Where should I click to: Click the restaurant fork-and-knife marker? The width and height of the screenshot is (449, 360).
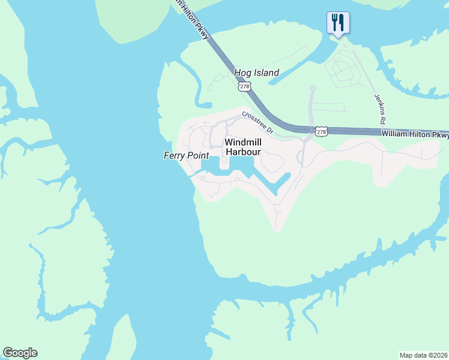(x=338, y=23)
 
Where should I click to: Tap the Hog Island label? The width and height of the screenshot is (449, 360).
(x=256, y=73)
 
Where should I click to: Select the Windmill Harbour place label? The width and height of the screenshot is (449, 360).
(x=243, y=147)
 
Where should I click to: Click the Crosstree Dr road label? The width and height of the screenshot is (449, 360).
(x=258, y=122)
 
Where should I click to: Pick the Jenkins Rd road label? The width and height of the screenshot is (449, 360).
(x=379, y=109)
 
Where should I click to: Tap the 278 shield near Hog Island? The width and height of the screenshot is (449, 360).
(x=244, y=87)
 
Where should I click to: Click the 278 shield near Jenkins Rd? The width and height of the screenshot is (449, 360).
(x=321, y=131)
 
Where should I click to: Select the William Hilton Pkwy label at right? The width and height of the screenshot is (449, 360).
(x=415, y=135)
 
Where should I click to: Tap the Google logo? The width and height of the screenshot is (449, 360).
(x=20, y=353)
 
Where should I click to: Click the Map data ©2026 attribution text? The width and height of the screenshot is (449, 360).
(x=423, y=355)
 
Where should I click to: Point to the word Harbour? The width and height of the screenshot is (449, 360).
(x=243, y=152)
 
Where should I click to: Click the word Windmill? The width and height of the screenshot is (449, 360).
(x=243, y=142)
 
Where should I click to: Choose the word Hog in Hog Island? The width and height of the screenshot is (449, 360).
(x=242, y=73)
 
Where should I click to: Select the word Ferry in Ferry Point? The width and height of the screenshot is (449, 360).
(x=175, y=155)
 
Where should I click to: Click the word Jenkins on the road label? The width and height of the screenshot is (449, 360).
(x=378, y=103)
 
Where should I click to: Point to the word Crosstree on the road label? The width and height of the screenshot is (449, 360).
(x=255, y=119)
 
